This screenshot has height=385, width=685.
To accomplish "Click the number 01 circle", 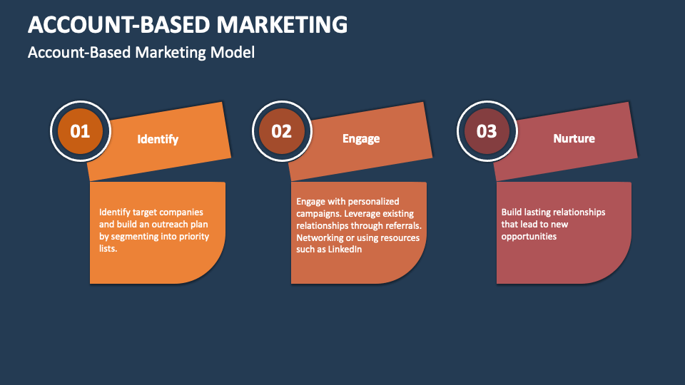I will pos(80,131).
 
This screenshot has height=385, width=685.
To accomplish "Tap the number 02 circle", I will pos(282,131).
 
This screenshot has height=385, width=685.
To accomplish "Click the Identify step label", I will pos(158,139).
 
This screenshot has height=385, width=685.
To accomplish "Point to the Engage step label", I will pos(361,138).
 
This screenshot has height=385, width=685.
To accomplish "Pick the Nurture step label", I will pos(574,138).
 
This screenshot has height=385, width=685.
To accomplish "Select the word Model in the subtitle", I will pos(235,52).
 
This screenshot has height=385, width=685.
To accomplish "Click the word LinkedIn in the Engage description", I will pos(345,250).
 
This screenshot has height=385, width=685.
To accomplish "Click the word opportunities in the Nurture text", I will pos(529,236).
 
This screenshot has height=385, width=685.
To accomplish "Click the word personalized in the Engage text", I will pos(375,201).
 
